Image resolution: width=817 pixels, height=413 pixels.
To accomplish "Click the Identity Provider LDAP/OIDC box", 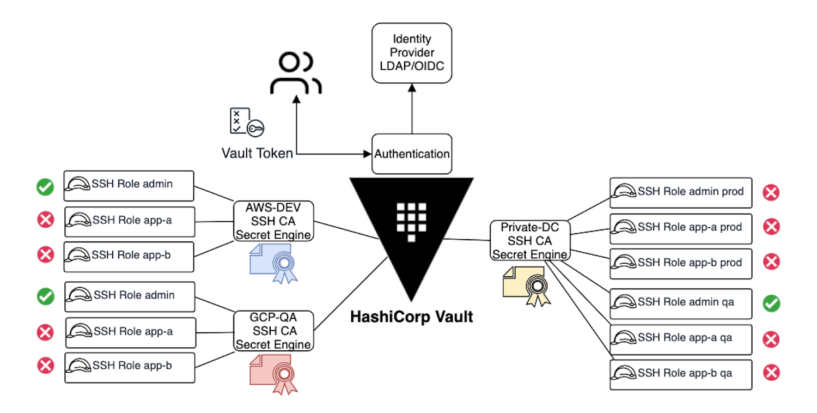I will coord(412,53).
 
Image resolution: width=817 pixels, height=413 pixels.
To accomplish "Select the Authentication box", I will coord(412,154).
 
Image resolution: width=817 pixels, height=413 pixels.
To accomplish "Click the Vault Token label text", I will coord(257,153).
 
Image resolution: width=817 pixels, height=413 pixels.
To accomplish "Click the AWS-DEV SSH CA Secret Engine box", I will coord(273,222).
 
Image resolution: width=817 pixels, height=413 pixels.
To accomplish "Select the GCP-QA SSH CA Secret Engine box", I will coord(273,331).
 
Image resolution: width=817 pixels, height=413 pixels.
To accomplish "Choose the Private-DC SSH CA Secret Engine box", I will coord(530,240).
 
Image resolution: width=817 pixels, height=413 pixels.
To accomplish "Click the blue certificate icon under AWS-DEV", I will coord(275,263).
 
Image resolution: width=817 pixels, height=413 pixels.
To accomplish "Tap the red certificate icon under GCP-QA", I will coord(274,374).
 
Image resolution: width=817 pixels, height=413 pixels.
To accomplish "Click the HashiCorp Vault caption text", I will coord(411,317).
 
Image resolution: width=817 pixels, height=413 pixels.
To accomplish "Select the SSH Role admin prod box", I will coord(680,192).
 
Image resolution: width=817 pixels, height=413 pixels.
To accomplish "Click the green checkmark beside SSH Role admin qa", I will coord(771,303).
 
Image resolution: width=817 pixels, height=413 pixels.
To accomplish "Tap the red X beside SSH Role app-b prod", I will coord(771,262).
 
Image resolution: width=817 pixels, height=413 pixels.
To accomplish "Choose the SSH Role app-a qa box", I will coord(680,339).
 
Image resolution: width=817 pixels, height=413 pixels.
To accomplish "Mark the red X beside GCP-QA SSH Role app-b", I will coord(45,366).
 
